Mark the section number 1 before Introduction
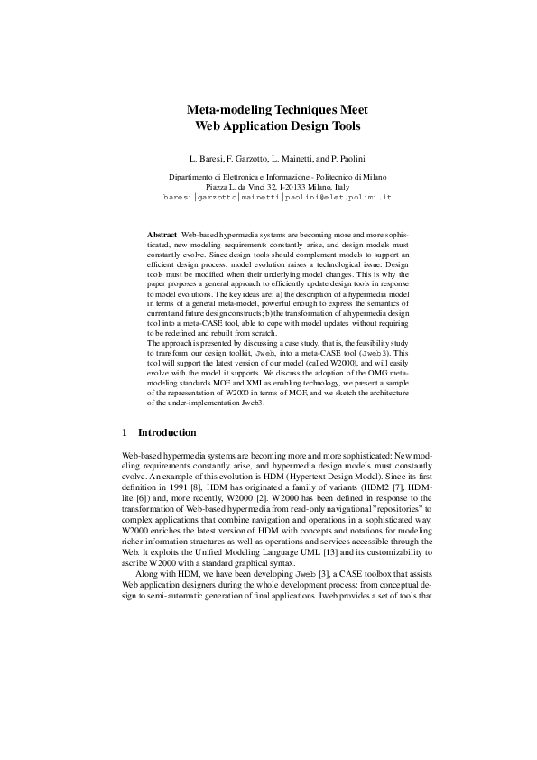click(125, 432)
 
